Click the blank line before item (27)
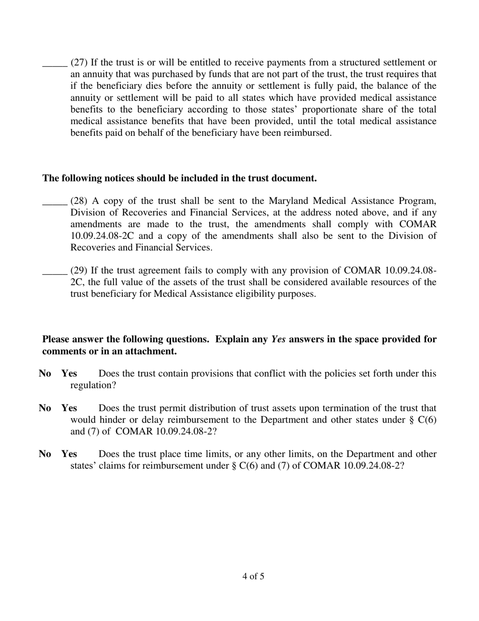pos(54,66)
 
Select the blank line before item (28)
pos(54,203)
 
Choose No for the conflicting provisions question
pos(45,374)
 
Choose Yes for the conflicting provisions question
pos(69,374)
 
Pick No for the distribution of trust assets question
pos(45,408)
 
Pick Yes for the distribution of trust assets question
pos(69,408)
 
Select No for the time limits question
pos(45,454)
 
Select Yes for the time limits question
pos(69,454)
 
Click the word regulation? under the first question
pos(92,385)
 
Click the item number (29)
pos(79,271)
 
